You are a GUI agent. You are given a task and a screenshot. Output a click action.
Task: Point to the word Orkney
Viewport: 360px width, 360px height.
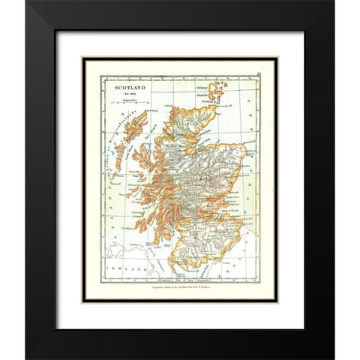(x=206, y=86)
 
